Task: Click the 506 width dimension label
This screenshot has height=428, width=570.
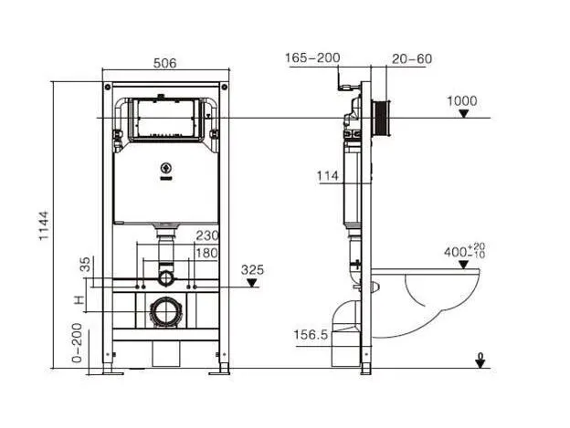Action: (164, 63)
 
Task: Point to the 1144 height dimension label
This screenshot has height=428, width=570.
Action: (44, 225)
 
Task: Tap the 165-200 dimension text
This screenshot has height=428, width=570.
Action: (312, 57)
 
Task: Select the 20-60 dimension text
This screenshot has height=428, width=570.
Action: (412, 58)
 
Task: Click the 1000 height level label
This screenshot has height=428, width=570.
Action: (461, 100)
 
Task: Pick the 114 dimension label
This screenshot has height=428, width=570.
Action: (328, 176)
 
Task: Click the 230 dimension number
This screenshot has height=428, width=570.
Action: (207, 235)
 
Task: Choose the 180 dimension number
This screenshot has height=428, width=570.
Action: (206, 253)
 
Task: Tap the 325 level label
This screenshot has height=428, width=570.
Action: (252, 269)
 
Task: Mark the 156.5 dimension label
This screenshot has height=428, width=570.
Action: (311, 334)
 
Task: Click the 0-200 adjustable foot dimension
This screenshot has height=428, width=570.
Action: (77, 343)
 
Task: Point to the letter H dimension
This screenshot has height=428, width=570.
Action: (79, 300)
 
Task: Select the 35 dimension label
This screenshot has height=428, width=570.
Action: (85, 265)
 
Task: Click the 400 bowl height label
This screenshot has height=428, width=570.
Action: (464, 250)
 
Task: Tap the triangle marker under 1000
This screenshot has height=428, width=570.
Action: (463, 114)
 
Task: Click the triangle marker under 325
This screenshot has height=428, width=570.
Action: (252, 283)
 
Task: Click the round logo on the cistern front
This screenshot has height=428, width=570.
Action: (165, 168)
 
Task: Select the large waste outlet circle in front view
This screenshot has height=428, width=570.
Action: (166, 312)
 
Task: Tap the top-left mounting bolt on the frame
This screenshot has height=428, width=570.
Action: (108, 87)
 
